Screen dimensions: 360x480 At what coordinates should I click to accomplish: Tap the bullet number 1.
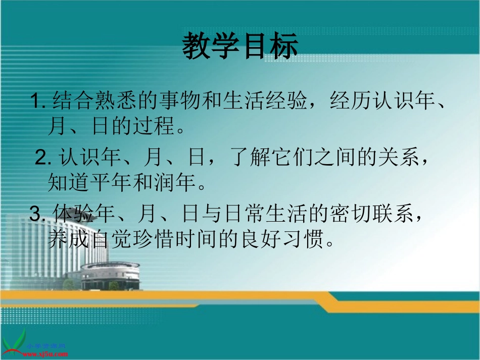[38, 101]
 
